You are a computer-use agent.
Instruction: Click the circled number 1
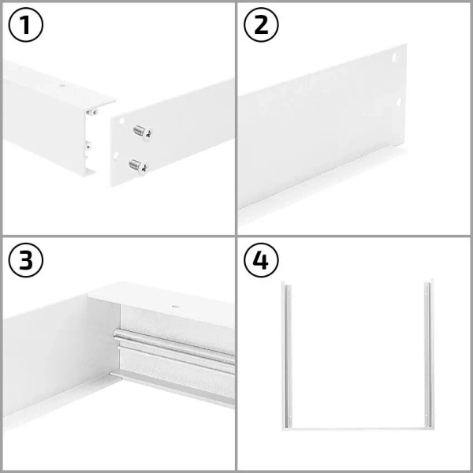point(25,25)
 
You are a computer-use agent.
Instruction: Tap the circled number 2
point(261,25)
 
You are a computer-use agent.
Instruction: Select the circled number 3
point(25,261)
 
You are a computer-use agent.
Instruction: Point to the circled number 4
point(261,261)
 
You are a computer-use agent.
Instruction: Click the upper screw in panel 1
point(142,132)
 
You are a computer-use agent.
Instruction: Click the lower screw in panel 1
point(137,166)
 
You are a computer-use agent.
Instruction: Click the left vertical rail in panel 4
point(285,355)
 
